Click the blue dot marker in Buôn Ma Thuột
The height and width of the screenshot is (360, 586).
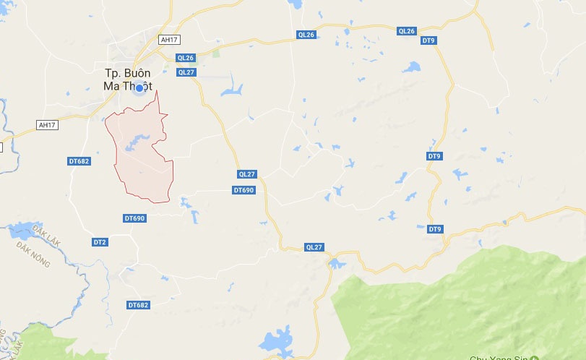pos(139,87)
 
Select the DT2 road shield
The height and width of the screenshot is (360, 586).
pos(100,241)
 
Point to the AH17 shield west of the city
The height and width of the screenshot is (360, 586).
pos(46,125)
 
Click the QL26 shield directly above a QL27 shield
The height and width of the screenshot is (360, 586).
pos(186,58)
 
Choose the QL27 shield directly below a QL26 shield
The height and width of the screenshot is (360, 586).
pos(186,72)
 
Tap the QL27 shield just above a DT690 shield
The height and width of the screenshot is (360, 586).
pos(247,174)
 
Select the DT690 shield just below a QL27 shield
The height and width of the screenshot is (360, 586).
pos(244,190)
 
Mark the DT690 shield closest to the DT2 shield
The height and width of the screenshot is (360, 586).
pos(134,218)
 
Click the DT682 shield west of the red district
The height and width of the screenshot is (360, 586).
pos(79,160)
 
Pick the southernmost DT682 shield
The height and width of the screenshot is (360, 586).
pos(137,305)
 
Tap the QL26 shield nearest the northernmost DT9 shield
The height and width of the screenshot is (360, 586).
pos(407,31)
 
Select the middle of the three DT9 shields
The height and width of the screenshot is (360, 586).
pos(434,156)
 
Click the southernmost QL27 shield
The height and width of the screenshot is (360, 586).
pos(314,247)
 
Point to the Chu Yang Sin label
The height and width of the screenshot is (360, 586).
pos(499,357)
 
